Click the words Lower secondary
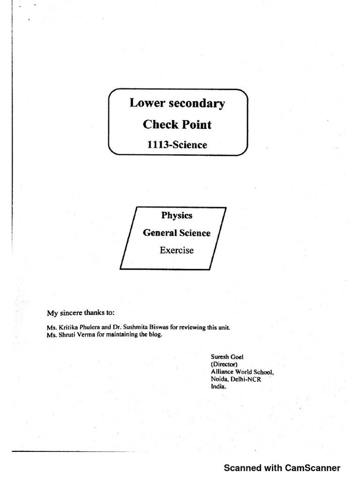pyautogui.click(x=177, y=104)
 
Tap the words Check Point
pyautogui.click(x=177, y=125)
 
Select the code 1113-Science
pyautogui.click(x=177, y=144)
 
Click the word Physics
pyautogui.click(x=177, y=216)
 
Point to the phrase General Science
pyautogui.click(x=177, y=233)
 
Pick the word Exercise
pyautogui.click(x=177, y=250)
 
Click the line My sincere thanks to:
pyautogui.click(x=80, y=312)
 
